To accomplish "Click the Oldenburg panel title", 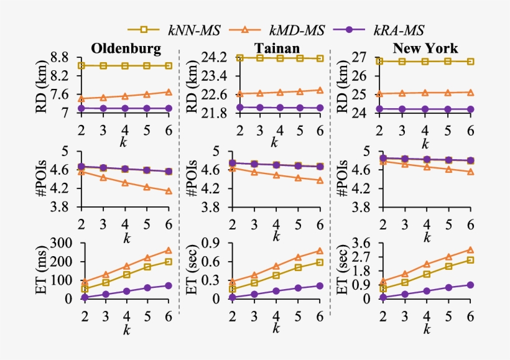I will coord(126,48).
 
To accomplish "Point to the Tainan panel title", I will coord(276,48).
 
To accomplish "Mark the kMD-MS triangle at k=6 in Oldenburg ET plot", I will coord(169,251).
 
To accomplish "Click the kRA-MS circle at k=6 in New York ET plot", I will coord(470,285).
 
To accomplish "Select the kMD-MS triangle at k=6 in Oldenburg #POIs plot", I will coord(169,192).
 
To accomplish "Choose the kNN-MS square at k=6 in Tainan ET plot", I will coord(319,262).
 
